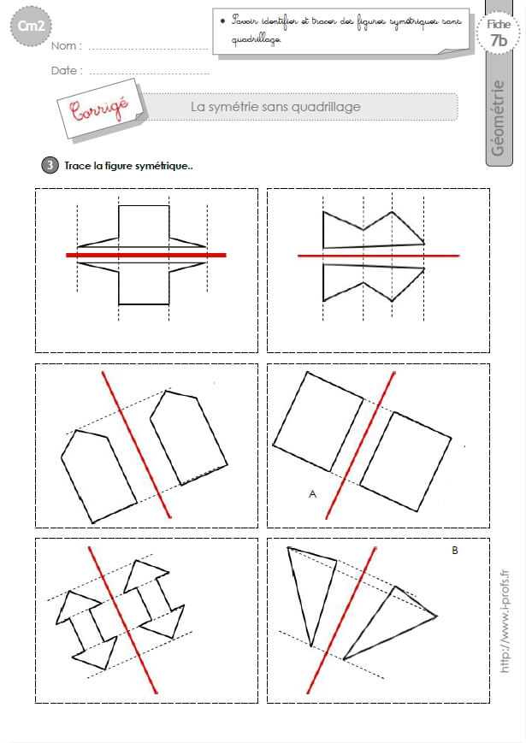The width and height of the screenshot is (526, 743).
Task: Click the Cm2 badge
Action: (x=31, y=26)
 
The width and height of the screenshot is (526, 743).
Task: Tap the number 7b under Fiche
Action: (x=499, y=40)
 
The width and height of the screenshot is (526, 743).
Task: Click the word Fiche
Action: (x=499, y=24)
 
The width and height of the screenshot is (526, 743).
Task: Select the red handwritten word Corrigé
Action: (x=99, y=109)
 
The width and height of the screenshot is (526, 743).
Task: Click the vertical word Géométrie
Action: (x=498, y=118)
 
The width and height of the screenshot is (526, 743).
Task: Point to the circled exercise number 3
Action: (x=50, y=165)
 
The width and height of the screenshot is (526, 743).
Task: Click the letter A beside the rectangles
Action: (x=312, y=494)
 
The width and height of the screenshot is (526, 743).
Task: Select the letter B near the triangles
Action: (x=455, y=550)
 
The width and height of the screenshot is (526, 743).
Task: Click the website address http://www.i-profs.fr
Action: (x=505, y=621)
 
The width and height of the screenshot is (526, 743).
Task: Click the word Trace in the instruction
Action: (x=78, y=166)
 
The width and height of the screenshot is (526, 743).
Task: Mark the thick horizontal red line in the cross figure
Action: (x=146, y=255)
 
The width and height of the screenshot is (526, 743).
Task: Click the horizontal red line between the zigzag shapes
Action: (x=379, y=256)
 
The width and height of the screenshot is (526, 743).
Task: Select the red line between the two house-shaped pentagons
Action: (x=137, y=445)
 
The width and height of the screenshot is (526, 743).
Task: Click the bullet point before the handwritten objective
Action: (x=222, y=21)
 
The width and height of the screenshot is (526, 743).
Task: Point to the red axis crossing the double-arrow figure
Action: (x=123, y=620)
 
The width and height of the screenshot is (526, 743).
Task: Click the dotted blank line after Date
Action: (x=150, y=74)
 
